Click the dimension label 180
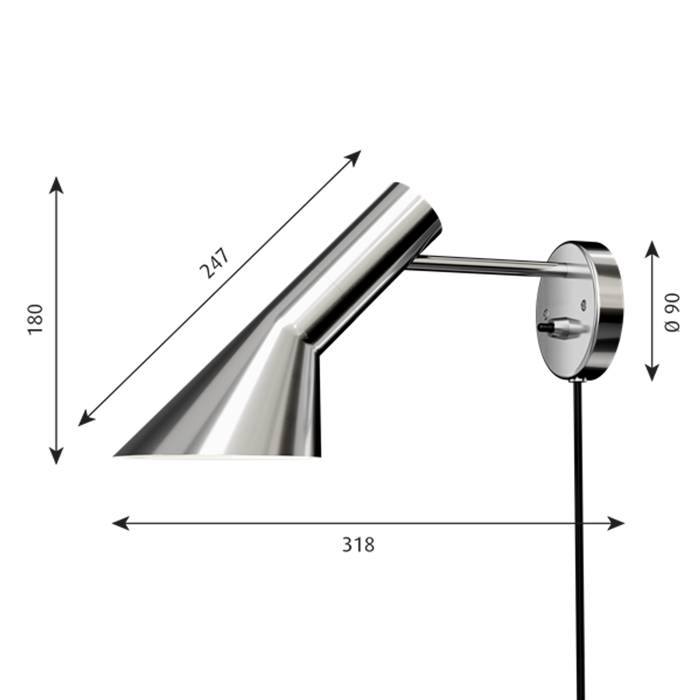36,319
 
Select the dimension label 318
358,545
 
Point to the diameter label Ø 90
671,313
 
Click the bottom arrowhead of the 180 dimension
57,456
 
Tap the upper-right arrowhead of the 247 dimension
353,158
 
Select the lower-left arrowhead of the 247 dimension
86,418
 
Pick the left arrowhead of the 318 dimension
121,523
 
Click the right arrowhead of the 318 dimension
616,523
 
